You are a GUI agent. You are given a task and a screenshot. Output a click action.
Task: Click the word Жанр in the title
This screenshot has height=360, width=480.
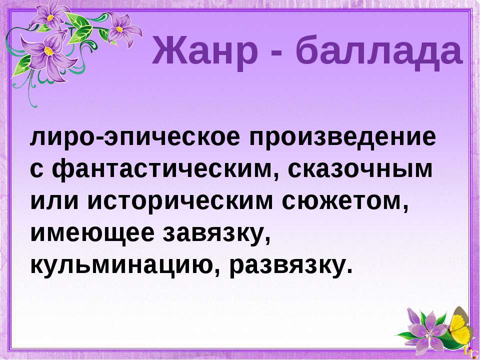coord(204,50)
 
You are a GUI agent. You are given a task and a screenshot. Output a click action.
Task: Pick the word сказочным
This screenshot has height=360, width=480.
coord(360,170)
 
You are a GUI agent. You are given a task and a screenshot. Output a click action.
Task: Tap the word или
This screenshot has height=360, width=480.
coord(55,201)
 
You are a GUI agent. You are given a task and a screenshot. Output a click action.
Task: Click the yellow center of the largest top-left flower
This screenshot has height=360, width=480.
coord(49,51)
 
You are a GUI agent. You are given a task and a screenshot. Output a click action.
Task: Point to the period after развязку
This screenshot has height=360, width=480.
coord(346,271)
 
